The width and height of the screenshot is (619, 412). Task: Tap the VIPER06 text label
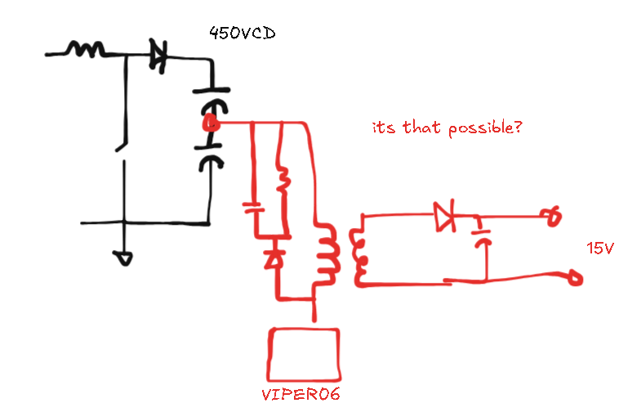click(300, 394)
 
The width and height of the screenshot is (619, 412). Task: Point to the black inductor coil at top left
click(85, 51)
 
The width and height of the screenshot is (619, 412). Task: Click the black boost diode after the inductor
click(158, 56)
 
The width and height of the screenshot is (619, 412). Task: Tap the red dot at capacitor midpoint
click(210, 124)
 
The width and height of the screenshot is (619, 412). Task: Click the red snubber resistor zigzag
click(283, 179)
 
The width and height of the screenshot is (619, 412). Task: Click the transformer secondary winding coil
click(358, 255)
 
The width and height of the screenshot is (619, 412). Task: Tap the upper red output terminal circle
click(555, 216)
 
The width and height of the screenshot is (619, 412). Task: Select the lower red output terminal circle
click(576, 280)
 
